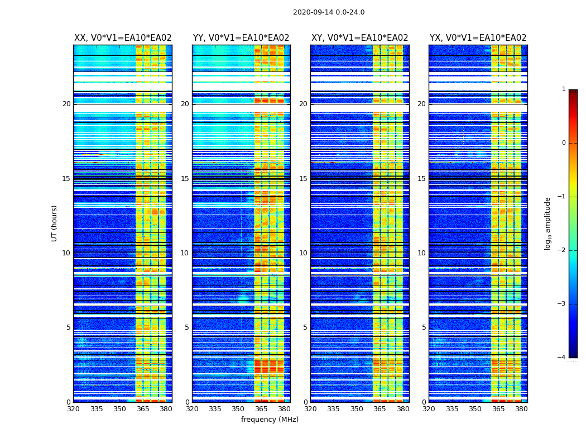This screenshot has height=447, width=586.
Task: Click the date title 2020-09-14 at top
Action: (x=328, y=12)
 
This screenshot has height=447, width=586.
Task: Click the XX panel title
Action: (x=123, y=38)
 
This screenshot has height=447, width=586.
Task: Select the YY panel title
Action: (x=241, y=38)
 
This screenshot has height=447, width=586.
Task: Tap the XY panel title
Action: (x=359, y=38)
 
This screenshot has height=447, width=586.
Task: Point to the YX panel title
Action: (x=478, y=38)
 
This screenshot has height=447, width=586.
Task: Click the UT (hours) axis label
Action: (x=55, y=223)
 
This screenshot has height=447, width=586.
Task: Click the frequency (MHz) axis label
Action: (x=270, y=420)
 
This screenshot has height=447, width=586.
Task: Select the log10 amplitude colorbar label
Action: (x=548, y=223)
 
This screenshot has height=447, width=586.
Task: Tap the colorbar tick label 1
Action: (x=564, y=89)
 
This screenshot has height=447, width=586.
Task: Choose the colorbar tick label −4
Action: (x=562, y=358)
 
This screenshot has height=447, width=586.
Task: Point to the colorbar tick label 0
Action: (x=564, y=143)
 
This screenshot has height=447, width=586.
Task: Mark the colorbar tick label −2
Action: (x=562, y=250)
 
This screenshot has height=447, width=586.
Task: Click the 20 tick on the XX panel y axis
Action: (x=66, y=104)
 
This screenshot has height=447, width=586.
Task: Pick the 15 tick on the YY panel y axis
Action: (x=185, y=179)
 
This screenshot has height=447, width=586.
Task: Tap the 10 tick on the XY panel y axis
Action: (x=303, y=253)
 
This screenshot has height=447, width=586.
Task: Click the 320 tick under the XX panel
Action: (x=73, y=408)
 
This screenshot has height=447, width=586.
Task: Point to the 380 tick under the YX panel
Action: (x=521, y=408)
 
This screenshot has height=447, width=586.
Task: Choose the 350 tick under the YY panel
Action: (x=238, y=408)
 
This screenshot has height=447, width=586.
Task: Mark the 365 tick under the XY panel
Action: (x=380, y=408)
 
